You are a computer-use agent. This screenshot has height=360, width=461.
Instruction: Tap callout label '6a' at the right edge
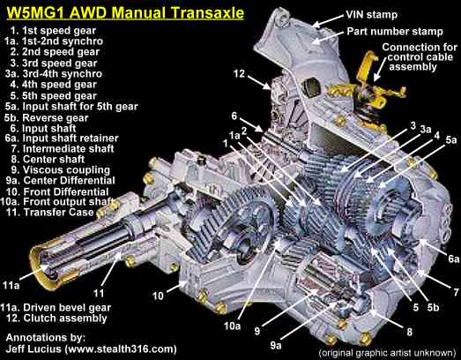(x=452, y=259)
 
